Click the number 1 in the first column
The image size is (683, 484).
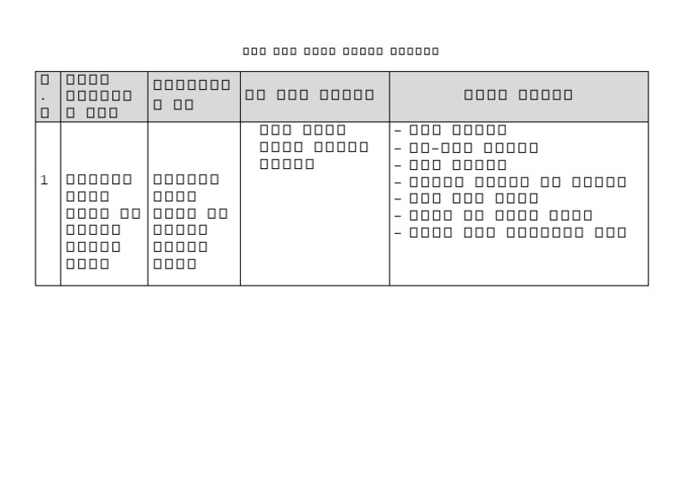[x=44, y=181]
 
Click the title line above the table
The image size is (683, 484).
[x=341, y=51]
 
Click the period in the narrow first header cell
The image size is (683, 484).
[x=44, y=96]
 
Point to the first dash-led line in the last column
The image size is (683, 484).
[x=451, y=131]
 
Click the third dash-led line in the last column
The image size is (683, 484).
[x=451, y=165]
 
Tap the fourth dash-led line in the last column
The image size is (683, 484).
[x=510, y=181]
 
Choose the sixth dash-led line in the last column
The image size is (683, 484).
[x=494, y=215]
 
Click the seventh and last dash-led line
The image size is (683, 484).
[x=510, y=232]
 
